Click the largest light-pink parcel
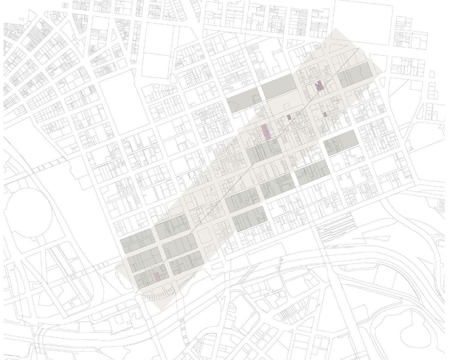coord(266,132)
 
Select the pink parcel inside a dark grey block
coord(157,277)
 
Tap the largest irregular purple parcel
coord(319,86)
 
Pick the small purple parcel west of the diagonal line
coord(289,117)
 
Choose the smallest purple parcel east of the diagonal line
coord(325,114)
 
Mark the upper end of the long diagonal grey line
coord(360,48)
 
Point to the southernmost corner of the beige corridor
coord(162,310)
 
